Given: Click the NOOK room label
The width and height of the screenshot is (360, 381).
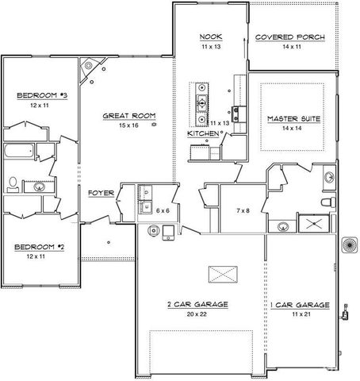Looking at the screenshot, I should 209,37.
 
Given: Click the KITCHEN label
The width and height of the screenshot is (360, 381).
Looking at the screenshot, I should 202,133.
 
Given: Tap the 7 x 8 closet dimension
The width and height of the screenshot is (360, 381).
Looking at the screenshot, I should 244,210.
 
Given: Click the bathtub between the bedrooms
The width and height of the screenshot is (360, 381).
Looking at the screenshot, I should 18,151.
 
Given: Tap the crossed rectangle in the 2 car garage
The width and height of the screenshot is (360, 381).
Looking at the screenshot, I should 222,275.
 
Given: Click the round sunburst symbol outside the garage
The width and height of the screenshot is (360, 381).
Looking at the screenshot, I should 347,244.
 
